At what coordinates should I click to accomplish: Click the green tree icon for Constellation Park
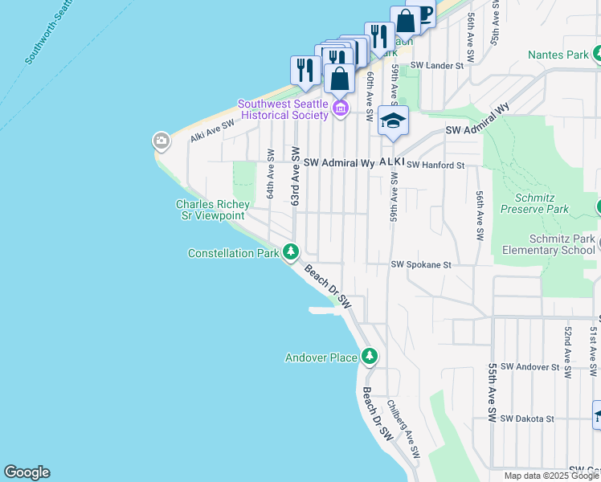pyautogui.click(x=290, y=252)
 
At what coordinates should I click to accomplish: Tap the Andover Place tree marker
pyautogui.click(x=369, y=355)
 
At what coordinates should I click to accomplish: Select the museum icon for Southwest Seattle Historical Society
pyautogui.click(x=340, y=108)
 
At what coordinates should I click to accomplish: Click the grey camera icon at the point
pyautogui.click(x=161, y=141)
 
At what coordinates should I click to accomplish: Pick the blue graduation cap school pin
pyautogui.click(x=393, y=122)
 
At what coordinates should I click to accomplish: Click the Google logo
pyautogui.click(x=27, y=472)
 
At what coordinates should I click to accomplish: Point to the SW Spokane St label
pyautogui.click(x=422, y=264)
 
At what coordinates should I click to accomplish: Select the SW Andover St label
pyautogui.click(x=529, y=366)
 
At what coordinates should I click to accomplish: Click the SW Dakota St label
pyautogui.click(x=527, y=419)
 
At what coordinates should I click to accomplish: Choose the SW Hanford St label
pyautogui.click(x=435, y=165)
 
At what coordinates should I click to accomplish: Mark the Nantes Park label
pyautogui.click(x=558, y=55)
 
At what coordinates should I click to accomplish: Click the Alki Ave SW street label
pyautogui.click(x=212, y=132)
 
